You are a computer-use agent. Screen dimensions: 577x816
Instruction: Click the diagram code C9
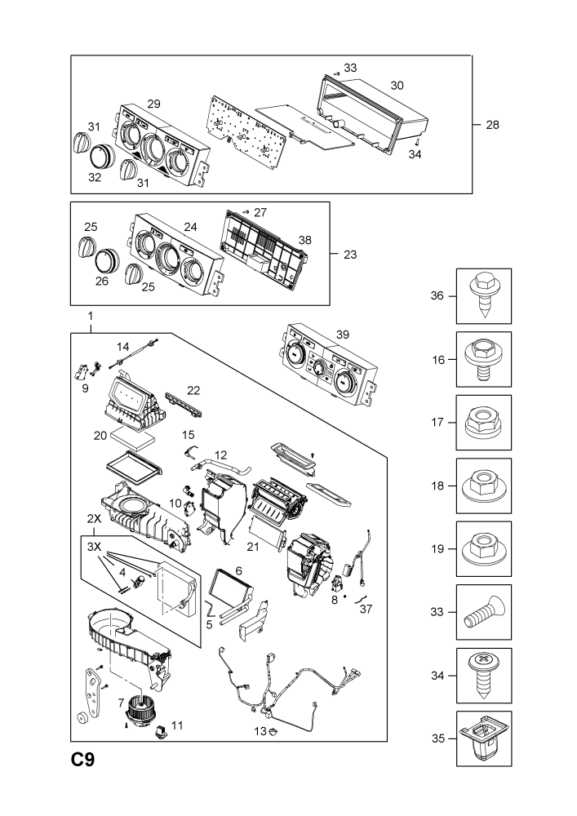click(x=83, y=760)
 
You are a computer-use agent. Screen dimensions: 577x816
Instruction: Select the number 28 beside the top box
click(x=492, y=125)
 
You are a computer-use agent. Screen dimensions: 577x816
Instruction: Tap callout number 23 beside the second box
click(x=350, y=255)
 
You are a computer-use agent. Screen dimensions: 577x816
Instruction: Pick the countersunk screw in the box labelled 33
click(x=484, y=612)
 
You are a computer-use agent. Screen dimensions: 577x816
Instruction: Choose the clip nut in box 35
click(x=484, y=738)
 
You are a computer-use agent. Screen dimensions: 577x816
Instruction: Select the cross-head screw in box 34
click(x=484, y=675)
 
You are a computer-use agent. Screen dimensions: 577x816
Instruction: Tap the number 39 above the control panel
click(x=342, y=335)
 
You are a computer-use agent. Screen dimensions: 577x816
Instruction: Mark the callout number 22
click(x=193, y=390)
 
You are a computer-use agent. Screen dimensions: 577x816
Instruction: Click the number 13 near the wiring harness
click(x=260, y=731)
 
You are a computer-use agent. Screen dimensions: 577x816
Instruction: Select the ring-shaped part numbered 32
click(x=102, y=154)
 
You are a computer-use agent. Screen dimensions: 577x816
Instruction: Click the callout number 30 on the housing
click(x=397, y=86)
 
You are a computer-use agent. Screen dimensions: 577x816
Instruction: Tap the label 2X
click(x=94, y=518)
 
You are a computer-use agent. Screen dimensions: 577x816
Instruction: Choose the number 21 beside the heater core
click(x=253, y=547)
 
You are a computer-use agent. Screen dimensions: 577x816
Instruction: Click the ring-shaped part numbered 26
click(x=107, y=260)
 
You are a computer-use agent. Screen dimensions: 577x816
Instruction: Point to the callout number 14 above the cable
click(x=122, y=347)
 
